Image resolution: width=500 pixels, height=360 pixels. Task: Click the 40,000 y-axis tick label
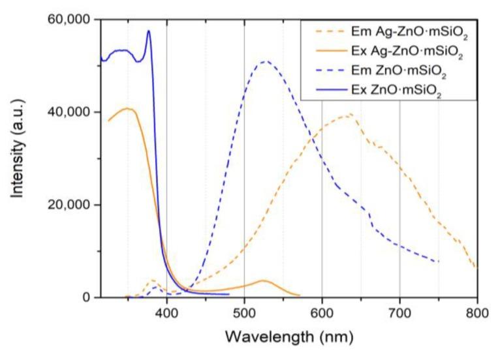click(68, 112)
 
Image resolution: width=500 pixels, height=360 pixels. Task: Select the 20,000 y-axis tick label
click(68, 205)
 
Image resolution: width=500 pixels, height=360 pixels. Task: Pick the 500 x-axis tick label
click(244, 314)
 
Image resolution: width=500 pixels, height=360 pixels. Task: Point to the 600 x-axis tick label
click(322, 314)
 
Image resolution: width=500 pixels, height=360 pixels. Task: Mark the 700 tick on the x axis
click(399, 314)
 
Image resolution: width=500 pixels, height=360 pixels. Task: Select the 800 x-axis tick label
click(477, 314)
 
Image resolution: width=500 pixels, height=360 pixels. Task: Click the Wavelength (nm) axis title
click(289, 338)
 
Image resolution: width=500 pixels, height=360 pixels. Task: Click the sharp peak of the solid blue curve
click(148, 31)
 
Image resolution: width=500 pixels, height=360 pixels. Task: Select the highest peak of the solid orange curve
click(129, 108)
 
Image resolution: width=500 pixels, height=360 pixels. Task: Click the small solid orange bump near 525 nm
click(263, 280)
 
